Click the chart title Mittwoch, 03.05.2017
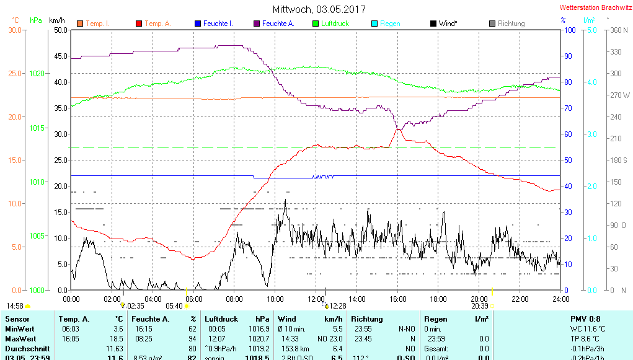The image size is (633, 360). pos(319,9)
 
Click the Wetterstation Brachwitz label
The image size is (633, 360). pos(595,8)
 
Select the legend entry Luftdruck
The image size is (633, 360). pos(335,24)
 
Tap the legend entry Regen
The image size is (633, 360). pos(390,24)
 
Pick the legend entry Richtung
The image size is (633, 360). pos(511,24)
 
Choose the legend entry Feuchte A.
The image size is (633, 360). pos(278,24)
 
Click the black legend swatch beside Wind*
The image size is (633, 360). pos(433,24)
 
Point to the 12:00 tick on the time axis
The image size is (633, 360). pos(316,299)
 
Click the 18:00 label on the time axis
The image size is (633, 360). pos(438,299)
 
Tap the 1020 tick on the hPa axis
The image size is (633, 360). pos(37,73)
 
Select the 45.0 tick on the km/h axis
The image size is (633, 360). pos(61,56)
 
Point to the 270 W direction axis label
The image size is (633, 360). pos(619,95)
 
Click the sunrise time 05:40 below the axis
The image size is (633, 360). pos(174,305)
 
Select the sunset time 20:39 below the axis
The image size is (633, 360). pos(480,305)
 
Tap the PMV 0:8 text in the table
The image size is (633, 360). pos(585,319)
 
